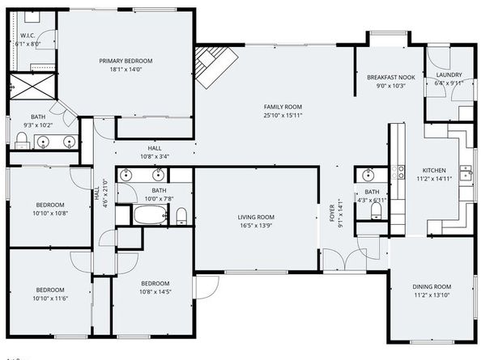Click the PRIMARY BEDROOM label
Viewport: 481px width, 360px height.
pyautogui.click(x=126, y=61)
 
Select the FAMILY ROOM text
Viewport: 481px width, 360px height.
pyautogui.click(x=282, y=107)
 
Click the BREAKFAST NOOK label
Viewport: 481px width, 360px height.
pyautogui.click(x=390, y=77)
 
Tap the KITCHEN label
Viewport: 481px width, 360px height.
pyautogui.click(x=433, y=171)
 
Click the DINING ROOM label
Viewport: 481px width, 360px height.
pyautogui.click(x=431, y=286)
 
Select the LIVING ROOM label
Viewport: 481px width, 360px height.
pyautogui.click(x=256, y=217)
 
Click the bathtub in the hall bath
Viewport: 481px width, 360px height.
pyautogui.click(x=147, y=215)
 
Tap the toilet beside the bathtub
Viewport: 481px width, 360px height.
pyautogui.click(x=181, y=215)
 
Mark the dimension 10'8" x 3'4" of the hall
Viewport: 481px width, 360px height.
pyautogui.click(x=155, y=156)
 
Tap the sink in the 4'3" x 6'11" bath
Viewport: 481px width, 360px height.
pyautogui.click(x=368, y=175)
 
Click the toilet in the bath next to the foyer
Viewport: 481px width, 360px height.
pyautogui.click(x=375, y=212)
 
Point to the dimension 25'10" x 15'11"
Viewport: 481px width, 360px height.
pyautogui.click(x=282, y=115)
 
